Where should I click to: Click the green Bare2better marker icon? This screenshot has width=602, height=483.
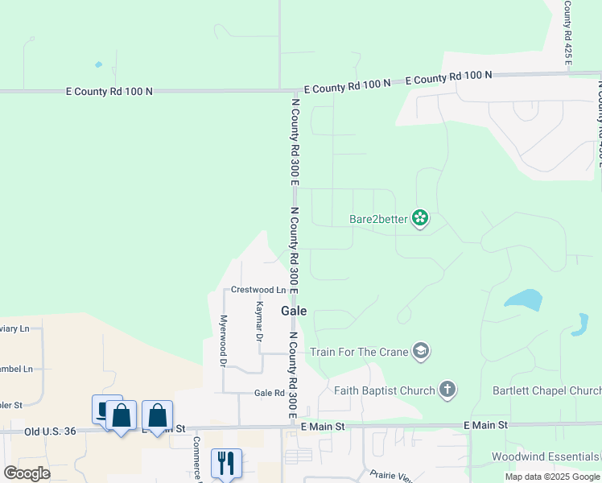coord(419,217)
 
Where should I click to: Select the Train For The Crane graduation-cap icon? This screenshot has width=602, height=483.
coord(420,351)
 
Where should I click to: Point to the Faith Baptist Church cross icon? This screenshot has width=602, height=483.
coord(447,390)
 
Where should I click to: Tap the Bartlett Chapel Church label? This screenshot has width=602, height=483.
coord(546,391)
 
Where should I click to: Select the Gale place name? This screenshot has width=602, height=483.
coord(294,311)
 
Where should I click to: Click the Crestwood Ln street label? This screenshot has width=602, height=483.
coord(258,290)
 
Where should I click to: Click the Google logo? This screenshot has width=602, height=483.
coord(27,473)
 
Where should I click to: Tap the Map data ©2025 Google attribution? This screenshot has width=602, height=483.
coord(551,477)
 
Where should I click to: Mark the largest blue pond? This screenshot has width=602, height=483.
coord(523,300)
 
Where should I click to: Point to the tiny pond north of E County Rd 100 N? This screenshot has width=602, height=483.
coord(98,64)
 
